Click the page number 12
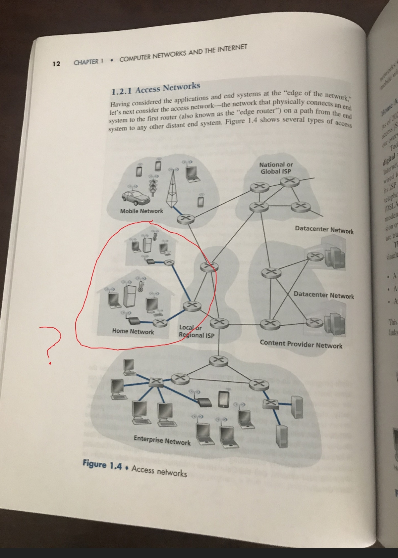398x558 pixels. pos(56,64)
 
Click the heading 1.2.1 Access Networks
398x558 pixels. pos(156,88)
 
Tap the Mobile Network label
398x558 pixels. pos(142,211)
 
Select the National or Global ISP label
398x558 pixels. pos(276,168)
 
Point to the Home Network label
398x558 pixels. pos(133,331)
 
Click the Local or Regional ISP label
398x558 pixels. pos(196,331)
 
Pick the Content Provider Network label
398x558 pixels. pos(301,344)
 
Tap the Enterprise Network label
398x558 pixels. pos(162,441)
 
